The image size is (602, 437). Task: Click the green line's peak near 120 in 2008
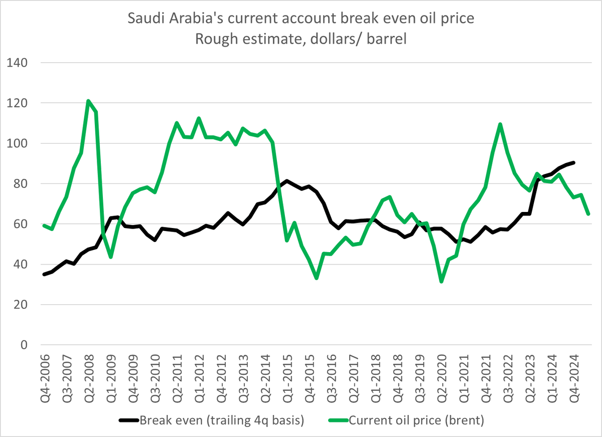click(x=88, y=101)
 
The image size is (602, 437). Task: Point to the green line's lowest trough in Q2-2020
click(x=441, y=282)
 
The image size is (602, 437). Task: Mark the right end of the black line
click(x=573, y=162)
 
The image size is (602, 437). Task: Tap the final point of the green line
click(x=588, y=214)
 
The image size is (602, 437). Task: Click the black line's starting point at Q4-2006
click(x=44, y=274)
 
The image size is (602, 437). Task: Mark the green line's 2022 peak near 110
click(x=500, y=124)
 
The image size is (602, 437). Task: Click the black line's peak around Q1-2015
click(x=286, y=181)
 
